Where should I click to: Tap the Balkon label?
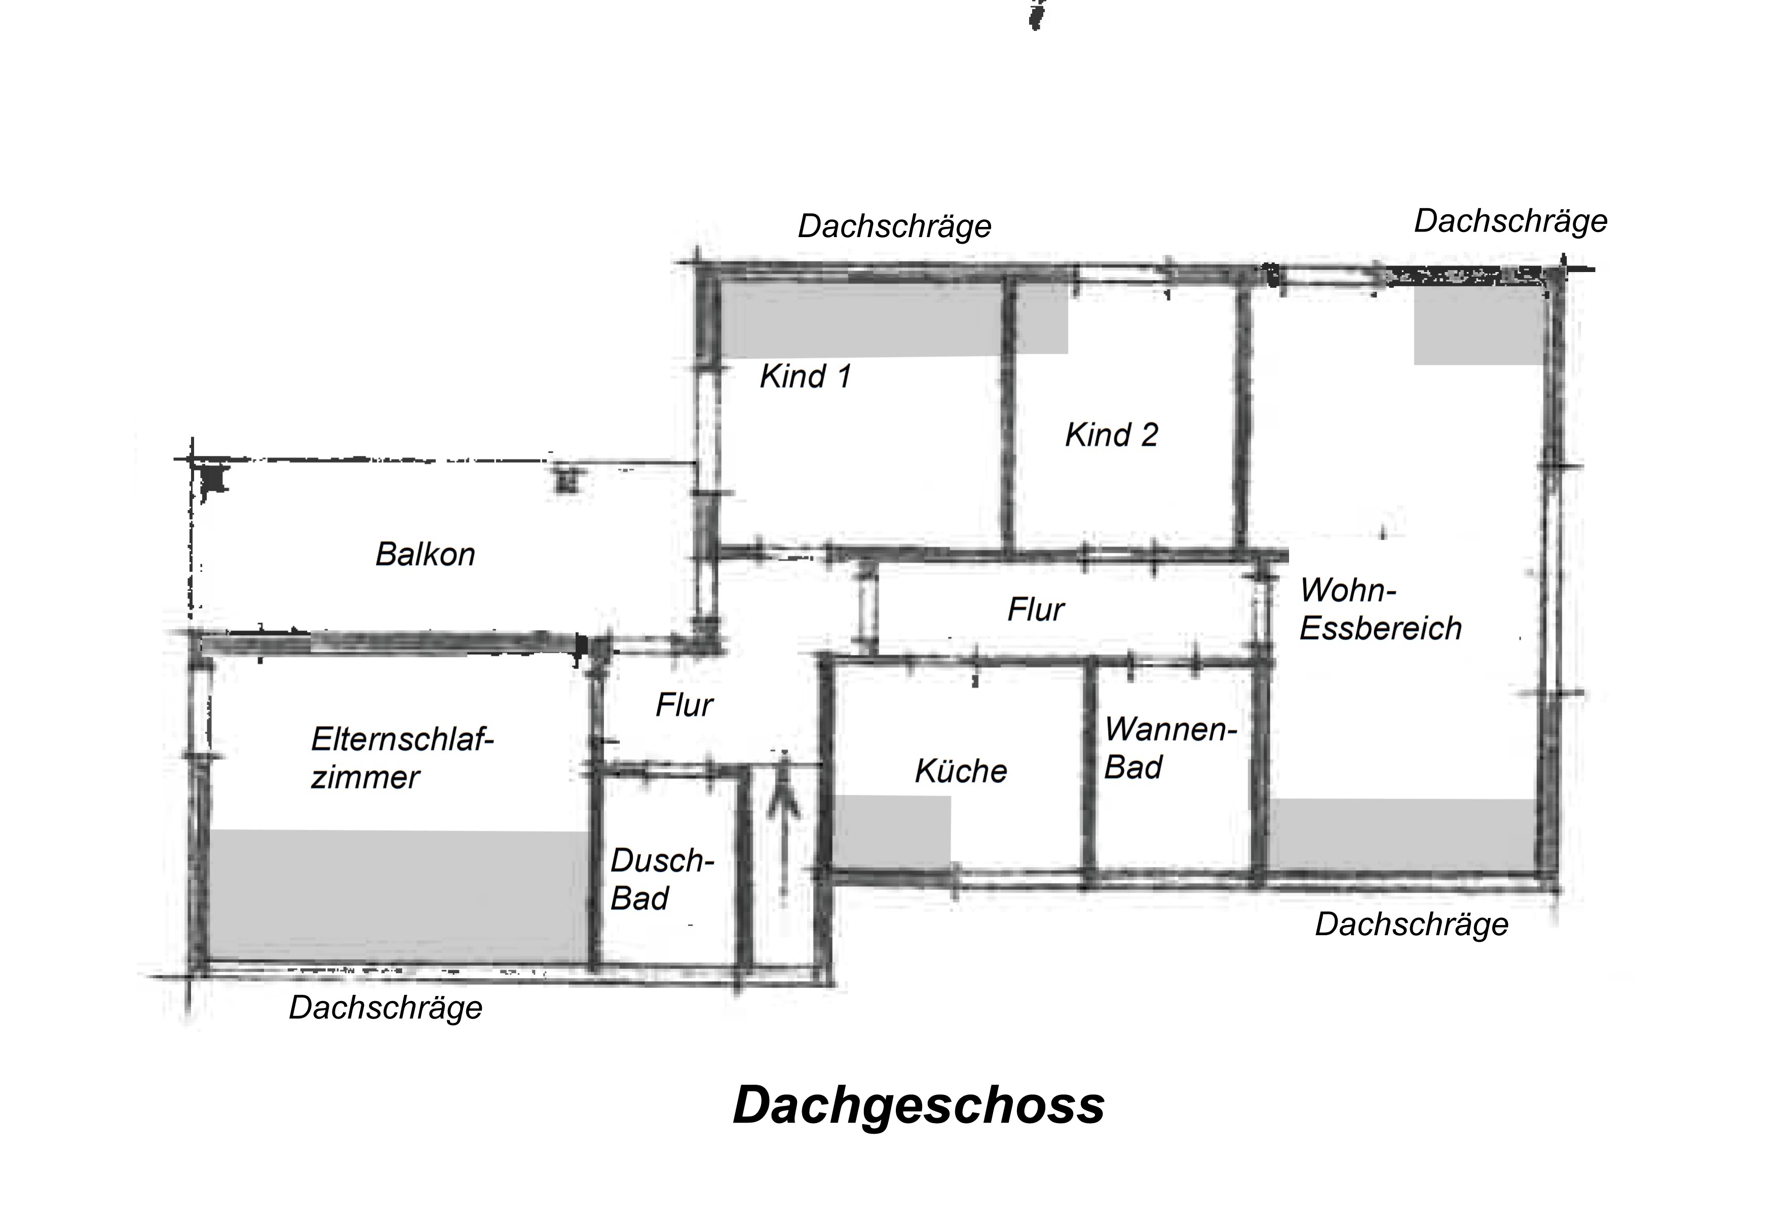tap(425, 554)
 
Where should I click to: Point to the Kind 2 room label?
tap(1111, 435)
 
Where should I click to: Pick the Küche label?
tap(960, 771)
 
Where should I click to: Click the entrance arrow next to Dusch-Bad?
tap(784, 826)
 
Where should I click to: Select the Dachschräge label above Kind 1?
tap(894, 226)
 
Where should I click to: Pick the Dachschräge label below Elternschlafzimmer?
tap(385, 1008)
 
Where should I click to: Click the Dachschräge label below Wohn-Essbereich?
tap(1411, 924)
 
